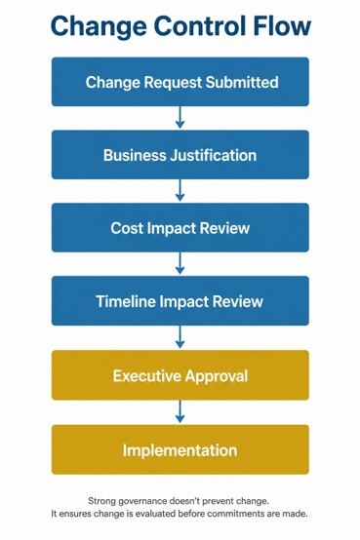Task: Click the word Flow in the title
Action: tap(282, 25)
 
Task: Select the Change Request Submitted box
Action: tap(180, 82)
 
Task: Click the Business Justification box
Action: tap(180, 155)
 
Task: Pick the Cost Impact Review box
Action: tap(180, 228)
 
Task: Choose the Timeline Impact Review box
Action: tap(180, 300)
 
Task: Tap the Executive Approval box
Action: tap(180, 375)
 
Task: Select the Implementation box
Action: tap(180, 449)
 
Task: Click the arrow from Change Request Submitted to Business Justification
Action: tap(180, 117)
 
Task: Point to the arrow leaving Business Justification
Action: tap(180, 190)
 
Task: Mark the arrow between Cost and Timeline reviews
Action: tap(180, 263)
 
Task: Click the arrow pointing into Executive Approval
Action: tap(180, 337)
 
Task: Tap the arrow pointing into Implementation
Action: tap(180, 411)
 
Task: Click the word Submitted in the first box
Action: tap(242, 82)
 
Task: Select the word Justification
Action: tap(213, 155)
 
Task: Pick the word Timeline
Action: tap(126, 301)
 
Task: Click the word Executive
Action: tap(145, 375)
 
